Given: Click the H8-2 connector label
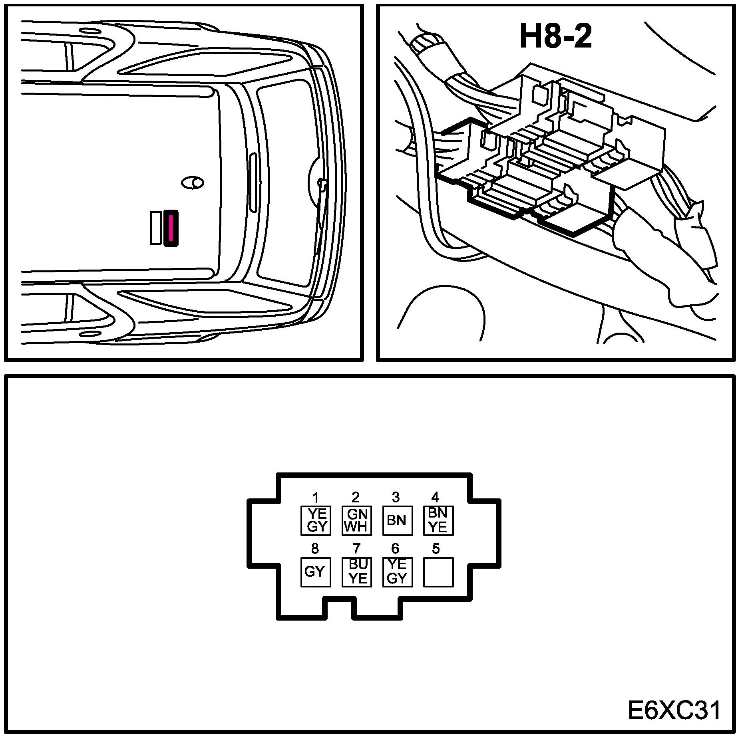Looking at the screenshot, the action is [555, 36].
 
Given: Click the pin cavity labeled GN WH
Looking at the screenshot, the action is [357, 520].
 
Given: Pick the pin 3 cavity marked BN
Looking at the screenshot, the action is [398, 520].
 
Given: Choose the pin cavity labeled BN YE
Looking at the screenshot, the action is [438, 520].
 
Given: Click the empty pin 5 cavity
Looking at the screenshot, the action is [438, 572].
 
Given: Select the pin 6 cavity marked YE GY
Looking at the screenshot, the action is [398, 572].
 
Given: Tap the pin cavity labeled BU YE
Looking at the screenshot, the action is [357, 572].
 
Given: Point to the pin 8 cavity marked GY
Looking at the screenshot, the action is [316, 572].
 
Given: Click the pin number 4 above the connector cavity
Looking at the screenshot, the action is [435, 497].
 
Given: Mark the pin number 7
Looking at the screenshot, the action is [357, 549].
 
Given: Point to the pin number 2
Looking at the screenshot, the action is [356, 497].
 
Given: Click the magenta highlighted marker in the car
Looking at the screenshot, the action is [171, 228].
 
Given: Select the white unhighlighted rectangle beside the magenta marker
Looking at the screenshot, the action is [156, 228].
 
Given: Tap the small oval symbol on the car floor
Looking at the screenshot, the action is [193, 183].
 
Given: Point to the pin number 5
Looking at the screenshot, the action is [436, 549].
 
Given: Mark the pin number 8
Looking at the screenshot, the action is [315, 549].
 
